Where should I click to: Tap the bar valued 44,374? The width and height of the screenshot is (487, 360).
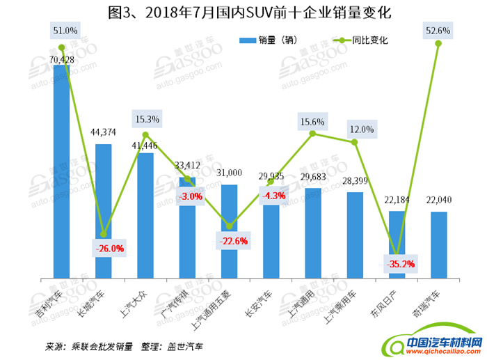103,209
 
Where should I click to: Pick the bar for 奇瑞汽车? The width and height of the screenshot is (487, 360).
438,244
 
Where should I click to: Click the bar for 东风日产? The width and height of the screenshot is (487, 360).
397,244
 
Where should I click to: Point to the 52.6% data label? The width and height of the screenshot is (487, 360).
438,31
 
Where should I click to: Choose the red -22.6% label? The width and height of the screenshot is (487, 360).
230,240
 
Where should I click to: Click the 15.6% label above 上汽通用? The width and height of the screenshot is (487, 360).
313,122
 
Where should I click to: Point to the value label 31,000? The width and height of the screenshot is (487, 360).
230,173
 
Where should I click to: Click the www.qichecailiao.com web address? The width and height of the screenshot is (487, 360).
445,352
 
